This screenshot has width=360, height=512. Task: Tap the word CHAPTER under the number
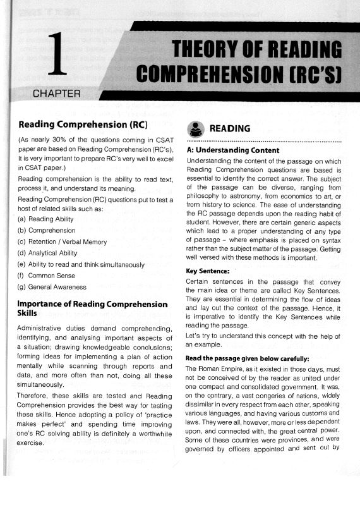tap(57, 95)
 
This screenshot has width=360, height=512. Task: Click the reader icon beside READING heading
tap(196, 128)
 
